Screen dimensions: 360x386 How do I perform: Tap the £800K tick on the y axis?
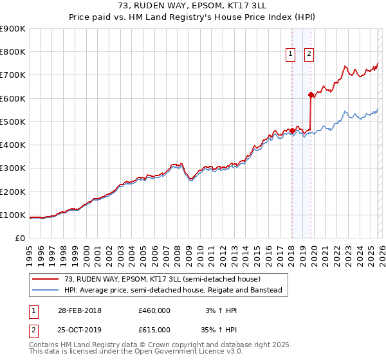coord(13,51)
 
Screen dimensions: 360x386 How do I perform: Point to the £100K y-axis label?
coord(13,215)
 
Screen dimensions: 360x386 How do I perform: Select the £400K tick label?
coord(13,145)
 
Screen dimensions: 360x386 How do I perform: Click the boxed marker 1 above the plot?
coord(291,54)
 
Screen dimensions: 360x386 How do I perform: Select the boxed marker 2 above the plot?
coord(309,54)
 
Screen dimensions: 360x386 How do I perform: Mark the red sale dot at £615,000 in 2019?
coord(311,94)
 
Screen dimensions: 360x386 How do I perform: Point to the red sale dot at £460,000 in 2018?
coord(292,131)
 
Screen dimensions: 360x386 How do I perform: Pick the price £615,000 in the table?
coord(154,328)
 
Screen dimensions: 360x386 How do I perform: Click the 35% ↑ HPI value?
coord(221,328)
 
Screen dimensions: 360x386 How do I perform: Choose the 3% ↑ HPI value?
coord(221,310)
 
